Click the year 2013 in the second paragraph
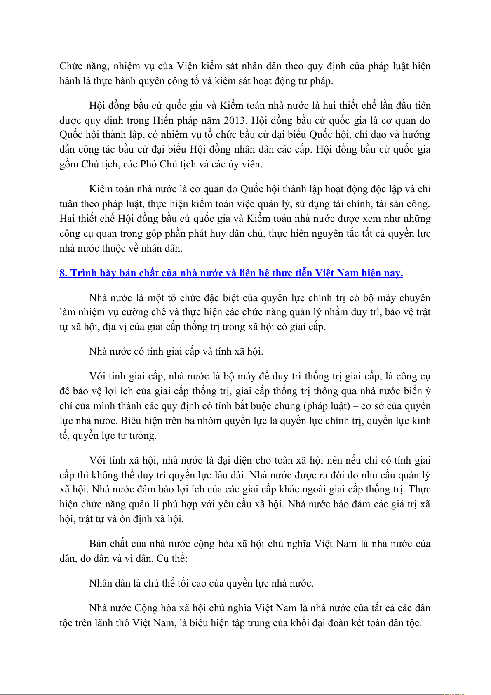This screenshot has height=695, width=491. [x=235, y=120]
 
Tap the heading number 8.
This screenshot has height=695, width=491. [x=63, y=273]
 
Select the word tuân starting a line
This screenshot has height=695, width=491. [x=68, y=204]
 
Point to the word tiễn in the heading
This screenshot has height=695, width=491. [x=303, y=273]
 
